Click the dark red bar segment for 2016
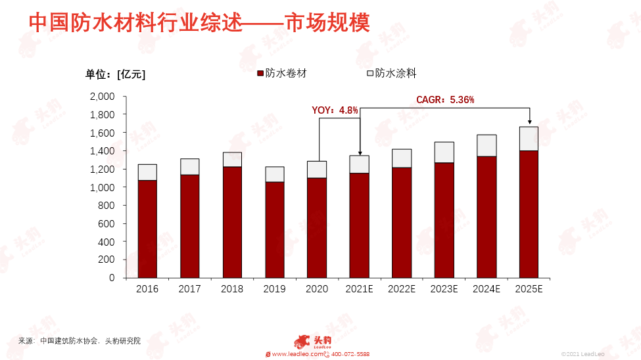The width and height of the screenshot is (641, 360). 147,229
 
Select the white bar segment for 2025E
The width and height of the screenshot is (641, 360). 529,139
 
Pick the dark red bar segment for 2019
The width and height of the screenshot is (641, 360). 275,230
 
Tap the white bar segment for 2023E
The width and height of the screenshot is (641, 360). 444,152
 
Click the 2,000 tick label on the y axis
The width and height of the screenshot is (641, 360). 102,97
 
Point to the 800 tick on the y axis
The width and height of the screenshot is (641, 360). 107,206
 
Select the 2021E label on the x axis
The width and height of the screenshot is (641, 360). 360,289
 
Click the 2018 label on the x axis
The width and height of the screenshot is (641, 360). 232,289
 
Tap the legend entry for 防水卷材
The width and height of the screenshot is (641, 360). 281,74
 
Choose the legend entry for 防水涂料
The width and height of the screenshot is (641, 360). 392,74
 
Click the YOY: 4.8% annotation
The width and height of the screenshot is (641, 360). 335,110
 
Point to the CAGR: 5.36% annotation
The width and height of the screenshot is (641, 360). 445,100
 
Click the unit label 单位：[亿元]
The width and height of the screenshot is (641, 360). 115,74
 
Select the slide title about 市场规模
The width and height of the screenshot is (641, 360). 199,22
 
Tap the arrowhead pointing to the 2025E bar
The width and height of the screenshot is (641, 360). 530,122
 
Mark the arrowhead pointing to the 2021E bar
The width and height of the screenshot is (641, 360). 360,153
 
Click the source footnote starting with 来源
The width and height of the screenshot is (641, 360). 80,341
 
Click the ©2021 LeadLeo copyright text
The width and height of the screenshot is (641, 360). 582,354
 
